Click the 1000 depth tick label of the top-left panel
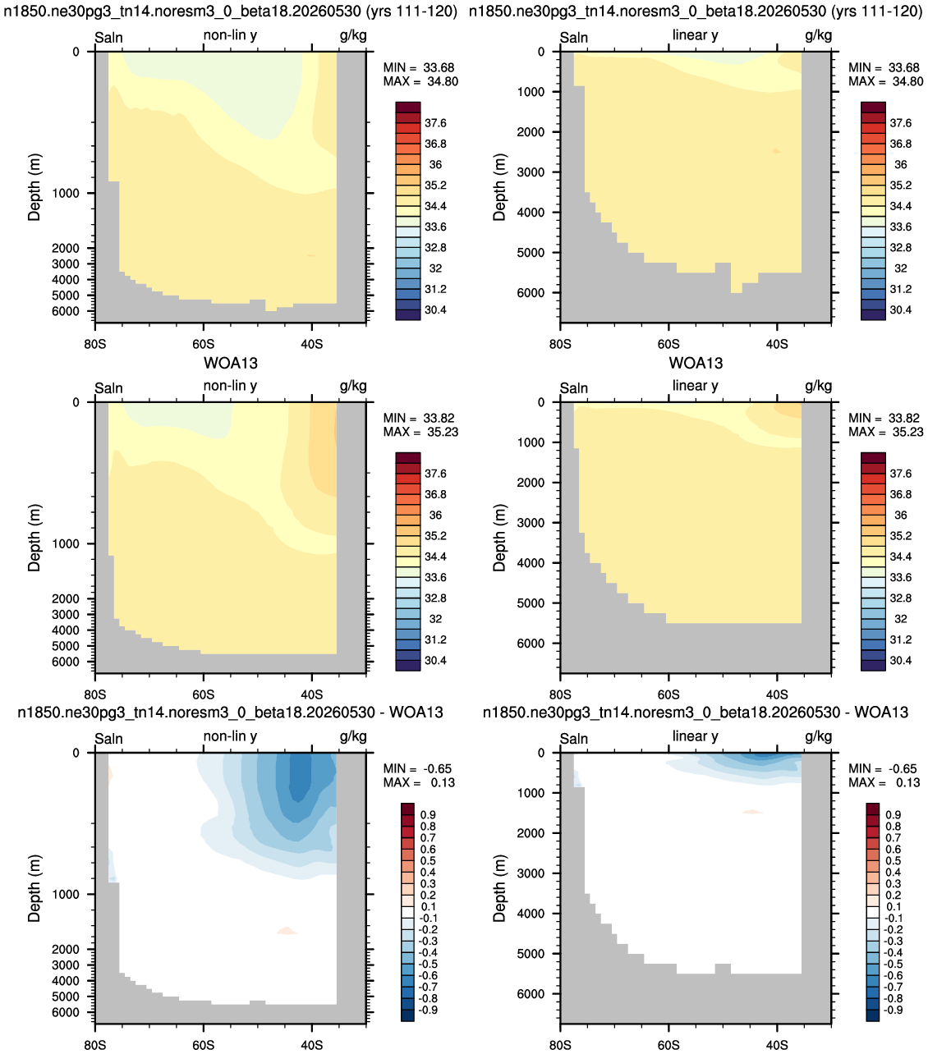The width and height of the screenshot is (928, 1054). click(x=66, y=193)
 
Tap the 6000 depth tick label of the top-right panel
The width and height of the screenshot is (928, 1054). click(x=531, y=293)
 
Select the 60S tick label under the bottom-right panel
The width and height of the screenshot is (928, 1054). click(x=668, y=1045)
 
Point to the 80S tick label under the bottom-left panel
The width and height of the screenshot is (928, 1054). click(x=94, y=1045)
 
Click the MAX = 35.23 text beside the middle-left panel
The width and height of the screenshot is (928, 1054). click(x=420, y=432)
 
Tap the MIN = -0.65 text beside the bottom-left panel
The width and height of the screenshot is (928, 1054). click(x=417, y=769)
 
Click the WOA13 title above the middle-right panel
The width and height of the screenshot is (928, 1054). click(x=696, y=363)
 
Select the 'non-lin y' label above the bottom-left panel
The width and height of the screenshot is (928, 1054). click(x=230, y=736)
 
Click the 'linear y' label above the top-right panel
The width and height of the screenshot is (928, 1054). click(x=696, y=34)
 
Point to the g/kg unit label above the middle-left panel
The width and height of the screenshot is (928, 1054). click(x=353, y=386)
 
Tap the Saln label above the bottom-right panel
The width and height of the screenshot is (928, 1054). click(x=573, y=738)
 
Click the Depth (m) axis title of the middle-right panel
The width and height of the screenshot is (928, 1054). click(x=498, y=538)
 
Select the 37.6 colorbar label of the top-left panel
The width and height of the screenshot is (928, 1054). click(x=435, y=123)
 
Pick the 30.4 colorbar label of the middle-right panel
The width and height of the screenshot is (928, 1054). click(x=901, y=660)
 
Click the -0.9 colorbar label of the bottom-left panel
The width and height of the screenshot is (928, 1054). click(x=429, y=1010)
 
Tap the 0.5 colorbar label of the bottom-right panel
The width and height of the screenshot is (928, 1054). click(x=894, y=860)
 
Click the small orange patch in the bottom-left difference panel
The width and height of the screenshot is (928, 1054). click(x=287, y=931)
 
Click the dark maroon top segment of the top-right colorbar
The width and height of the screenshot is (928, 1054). click(x=873, y=108)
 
